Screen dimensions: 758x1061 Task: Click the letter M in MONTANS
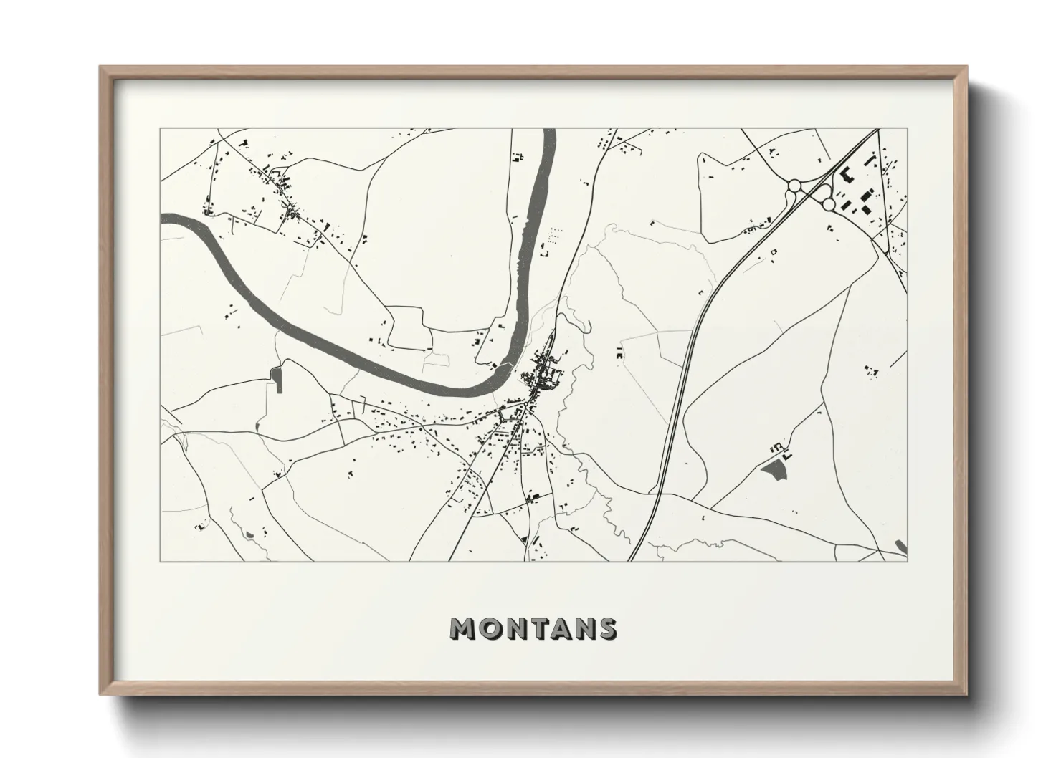point(462,628)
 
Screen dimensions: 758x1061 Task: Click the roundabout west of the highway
point(794,186)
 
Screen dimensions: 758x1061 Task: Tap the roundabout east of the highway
point(828,204)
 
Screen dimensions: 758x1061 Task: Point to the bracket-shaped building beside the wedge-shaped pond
point(786,455)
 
